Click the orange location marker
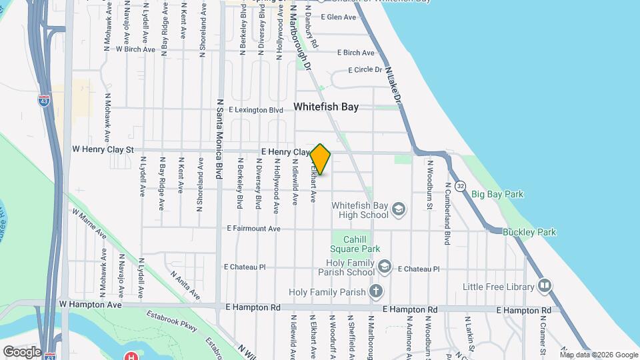pyautogui.click(x=321, y=159)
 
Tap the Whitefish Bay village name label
pyautogui.click(x=326, y=107)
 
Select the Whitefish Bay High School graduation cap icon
pyautogui.click(x=399, y=210)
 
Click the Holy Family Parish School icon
pyautogui.click(x=384, y=267)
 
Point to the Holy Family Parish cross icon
pyautogui.click(x=376, y=291)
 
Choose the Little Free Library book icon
pyautogui.click(x=545, y=287)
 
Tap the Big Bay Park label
pyautogui.click(x=497, y=195)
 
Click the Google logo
pyautogui.click(x=22, y=351)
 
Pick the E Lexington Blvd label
pyautogui.click(x=256, y=109)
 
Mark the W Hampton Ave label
pyautogui.click(x=91, y=304)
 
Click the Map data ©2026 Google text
pyautogui.click(x=599, y=355)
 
